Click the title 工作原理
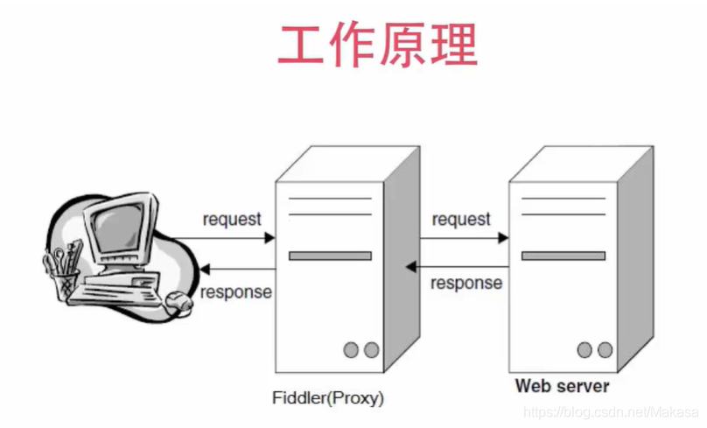click(x=377, y=45)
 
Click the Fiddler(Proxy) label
click(x=327, y=397)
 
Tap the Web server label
click(x=562, y=385)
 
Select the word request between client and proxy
click(x=232, y=219)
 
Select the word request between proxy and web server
click(x=461, y=219)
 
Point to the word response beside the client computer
click(x=235, y=292)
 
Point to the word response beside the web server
click(x=466, y=283)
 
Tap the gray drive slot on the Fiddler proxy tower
click(x=330, y=256)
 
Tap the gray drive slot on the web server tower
click(x=563, y=256)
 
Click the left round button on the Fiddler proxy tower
click(x=351, y=350)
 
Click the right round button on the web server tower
click(x=605, y=350)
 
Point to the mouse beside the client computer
click(x=178, y=302)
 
